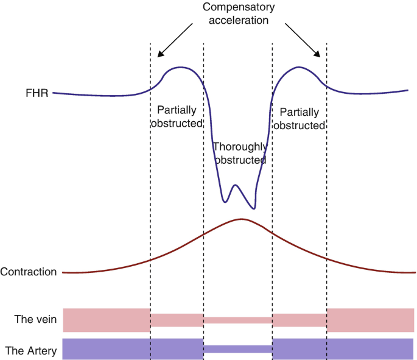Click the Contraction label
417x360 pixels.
tap(29, 272)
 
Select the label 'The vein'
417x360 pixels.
tap(32, 319)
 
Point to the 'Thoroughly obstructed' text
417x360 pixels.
tap(239, 154)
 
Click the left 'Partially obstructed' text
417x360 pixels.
tap(177, 117)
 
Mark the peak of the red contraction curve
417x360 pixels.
tap(242, 219)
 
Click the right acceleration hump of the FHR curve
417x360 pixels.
tap(298, 67)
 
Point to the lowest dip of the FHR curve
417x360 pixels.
tap(253, 208)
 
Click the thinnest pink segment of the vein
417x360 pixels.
tap(237, 320)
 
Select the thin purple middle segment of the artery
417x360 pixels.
tap(237, 349)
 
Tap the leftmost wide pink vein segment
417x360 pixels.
tap(107, 320)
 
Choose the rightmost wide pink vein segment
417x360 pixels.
tap(370, 320)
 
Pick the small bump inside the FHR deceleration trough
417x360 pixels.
tap(236, 185)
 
